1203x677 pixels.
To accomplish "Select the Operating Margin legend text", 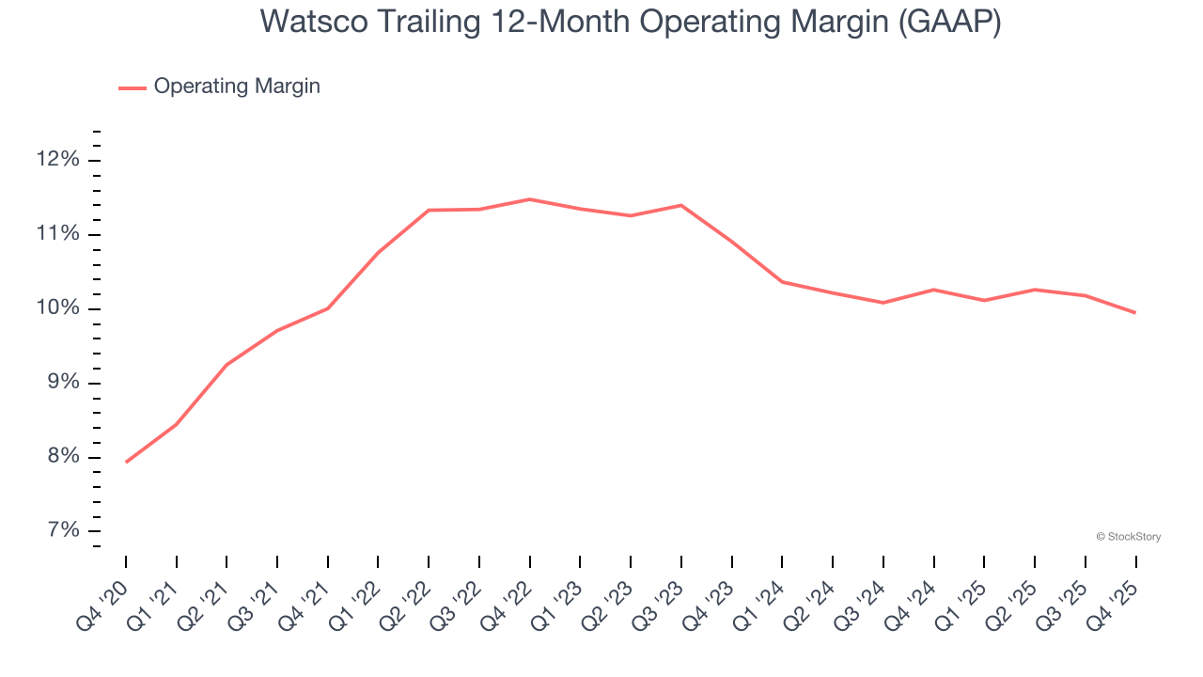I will coord(237,87).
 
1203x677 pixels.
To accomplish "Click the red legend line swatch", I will coord(133,87).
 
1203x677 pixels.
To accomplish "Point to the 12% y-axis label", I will coord(57,160).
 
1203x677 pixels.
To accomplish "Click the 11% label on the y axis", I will coord(57,234).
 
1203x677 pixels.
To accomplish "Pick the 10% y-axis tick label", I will coord(57,308).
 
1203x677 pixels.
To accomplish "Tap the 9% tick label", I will coord(60,383).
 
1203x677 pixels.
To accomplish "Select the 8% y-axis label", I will coord(60,457).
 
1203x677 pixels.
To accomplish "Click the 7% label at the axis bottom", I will coord(60,531).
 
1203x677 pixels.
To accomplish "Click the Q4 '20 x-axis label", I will coord(105,602).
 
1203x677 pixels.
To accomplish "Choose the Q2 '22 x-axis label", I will coord(408,602).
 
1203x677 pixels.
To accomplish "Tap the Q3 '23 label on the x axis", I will coord(661,602).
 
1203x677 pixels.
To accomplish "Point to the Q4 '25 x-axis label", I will coord(1115,602).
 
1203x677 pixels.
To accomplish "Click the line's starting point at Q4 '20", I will coord(126,462).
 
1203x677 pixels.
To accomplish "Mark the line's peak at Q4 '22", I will coord(530,199).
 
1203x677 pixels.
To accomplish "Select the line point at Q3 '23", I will coord(681,205).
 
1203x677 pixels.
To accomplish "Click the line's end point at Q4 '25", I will coord(1135,312).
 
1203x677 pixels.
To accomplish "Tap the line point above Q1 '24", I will coord(782,282).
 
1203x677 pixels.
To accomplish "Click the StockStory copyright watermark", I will coord(1128,537).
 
